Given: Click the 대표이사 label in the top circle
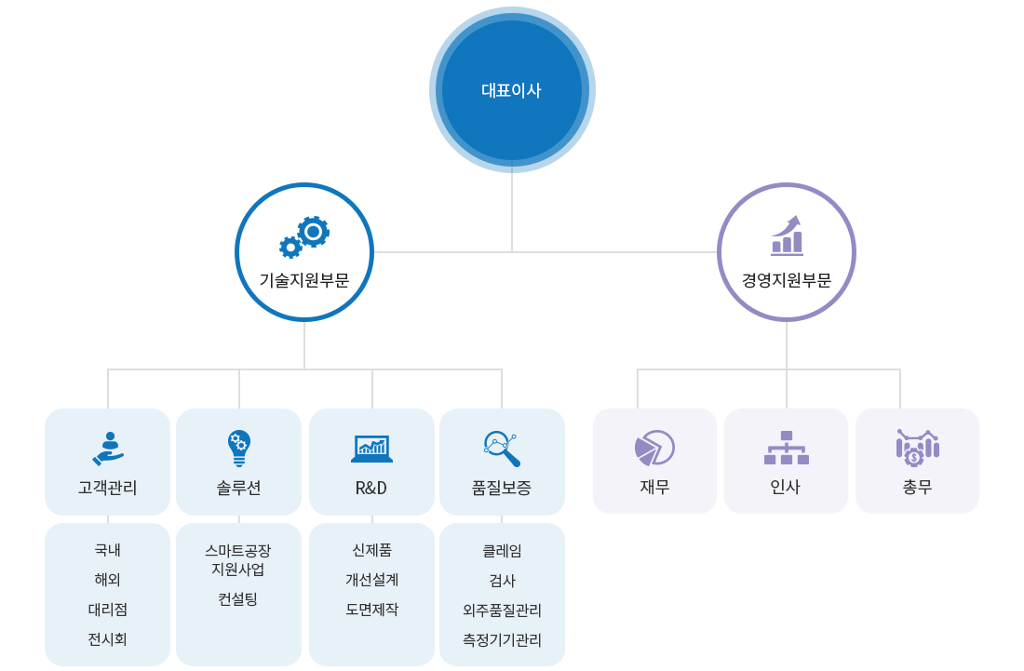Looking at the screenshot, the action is (x=511, y=90).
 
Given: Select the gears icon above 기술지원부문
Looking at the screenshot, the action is (x=304, y=236).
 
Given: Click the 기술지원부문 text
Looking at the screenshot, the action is (x=304, y=280).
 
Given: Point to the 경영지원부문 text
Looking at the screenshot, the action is (x=787, y=280).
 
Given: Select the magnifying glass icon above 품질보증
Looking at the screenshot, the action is (x=502, y=449).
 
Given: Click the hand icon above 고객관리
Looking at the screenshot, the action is (x=108, y=449).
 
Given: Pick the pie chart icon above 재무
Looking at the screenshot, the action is (x=654, y=448).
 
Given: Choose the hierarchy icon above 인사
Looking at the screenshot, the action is (x=787, y=448).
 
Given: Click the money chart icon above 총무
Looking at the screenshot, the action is (x=918, y=448).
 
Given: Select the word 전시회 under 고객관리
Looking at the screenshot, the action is (x=108, y=639).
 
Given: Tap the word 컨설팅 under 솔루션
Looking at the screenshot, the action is (x=238, y=599).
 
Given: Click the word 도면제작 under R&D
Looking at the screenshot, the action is (x=371, y=610).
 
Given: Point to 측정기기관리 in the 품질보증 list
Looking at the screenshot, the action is (x=502, y=640).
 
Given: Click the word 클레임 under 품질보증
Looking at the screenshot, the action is (x=502, y=551).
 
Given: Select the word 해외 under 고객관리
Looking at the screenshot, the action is (x=108, y=580).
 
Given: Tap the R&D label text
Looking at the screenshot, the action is (x=371, y=488).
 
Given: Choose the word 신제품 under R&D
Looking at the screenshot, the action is (x=371, y=550).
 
